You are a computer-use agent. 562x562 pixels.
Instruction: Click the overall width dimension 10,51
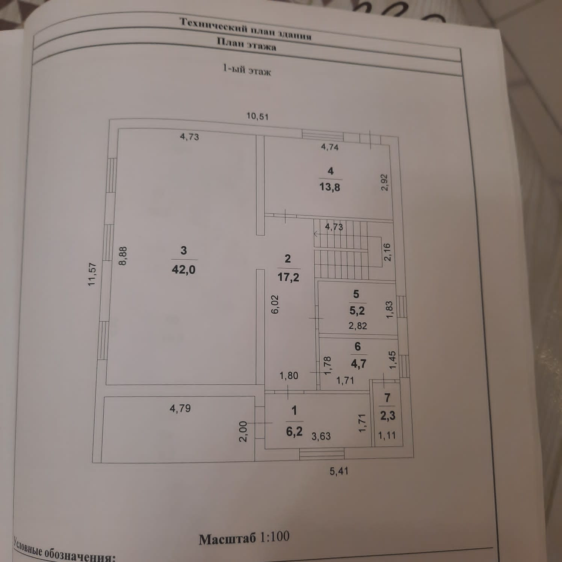pos(257,116)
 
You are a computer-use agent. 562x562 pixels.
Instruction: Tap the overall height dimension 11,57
pos(92,275)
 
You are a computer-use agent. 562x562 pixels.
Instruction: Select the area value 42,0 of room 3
pos(183,269)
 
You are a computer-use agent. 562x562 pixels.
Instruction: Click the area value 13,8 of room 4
pos(329,187)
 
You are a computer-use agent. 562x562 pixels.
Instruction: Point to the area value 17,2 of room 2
pos(288,278)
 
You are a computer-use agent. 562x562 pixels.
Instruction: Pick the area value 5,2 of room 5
pos(357,311)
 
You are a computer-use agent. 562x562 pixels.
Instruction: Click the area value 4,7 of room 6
pos(358,363)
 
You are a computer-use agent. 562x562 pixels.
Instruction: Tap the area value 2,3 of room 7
pos(388,415)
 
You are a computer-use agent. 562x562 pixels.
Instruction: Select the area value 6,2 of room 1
pos(294,431)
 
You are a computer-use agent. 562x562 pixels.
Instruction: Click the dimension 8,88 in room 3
pos(123,256)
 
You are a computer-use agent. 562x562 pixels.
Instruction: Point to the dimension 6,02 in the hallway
pos(275,304)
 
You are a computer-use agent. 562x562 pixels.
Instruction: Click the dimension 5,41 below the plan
pos(339,471)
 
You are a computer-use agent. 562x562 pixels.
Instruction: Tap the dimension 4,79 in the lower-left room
pos(180,408)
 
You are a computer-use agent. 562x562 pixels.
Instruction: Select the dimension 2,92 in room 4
pos(384,183)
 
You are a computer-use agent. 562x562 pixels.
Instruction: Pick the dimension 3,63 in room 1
pos(321,436)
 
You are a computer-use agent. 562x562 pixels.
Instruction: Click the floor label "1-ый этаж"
pos(247,70)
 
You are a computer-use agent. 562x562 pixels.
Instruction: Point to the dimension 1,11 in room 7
pos(387,435)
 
